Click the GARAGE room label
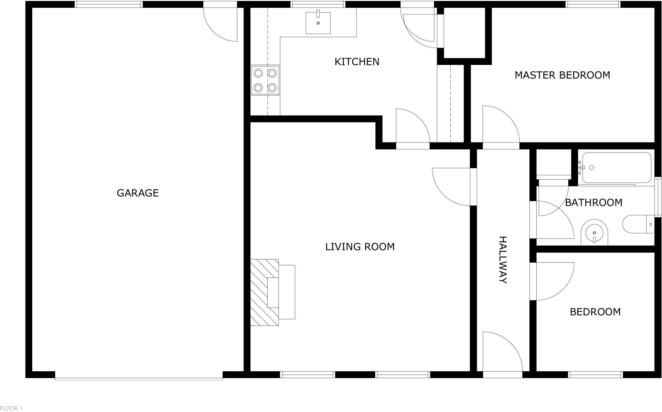pos(137,193)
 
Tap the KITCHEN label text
pos(357,62)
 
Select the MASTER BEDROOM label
pos(562,75)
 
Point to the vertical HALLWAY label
pos(503,259)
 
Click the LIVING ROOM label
pos(360,247)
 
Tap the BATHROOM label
pos(593,203)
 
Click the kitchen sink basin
pos(318,23)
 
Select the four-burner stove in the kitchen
pos(265,80)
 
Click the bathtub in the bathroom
pos(616,168)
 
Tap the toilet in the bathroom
pos(638,224)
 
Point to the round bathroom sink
pos(594,232)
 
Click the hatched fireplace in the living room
pos(264,292)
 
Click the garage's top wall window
pos(109,4)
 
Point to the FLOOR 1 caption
pos(11,408)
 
